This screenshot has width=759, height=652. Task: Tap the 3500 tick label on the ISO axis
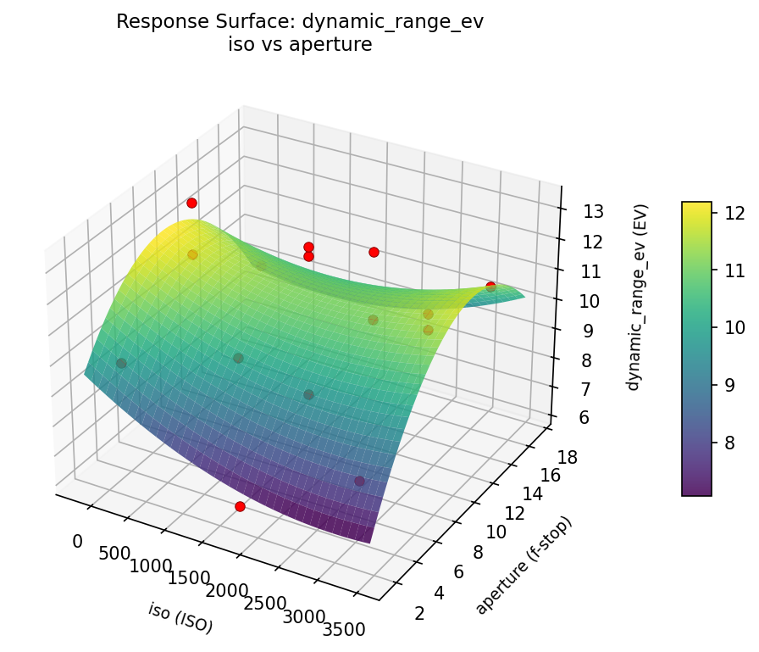click(344, 629)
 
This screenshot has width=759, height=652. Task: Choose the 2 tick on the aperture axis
click(419, 613)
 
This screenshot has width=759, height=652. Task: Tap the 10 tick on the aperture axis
click(496, 532)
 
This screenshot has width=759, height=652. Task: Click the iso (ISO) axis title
click(180, 618)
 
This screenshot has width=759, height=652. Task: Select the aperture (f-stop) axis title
click(524, 565)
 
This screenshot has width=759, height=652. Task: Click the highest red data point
click(192, 203)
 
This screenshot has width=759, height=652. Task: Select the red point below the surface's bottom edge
click(240, 506)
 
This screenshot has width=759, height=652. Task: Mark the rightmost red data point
click(490, 287)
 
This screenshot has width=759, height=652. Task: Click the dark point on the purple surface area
click(359, 481)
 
